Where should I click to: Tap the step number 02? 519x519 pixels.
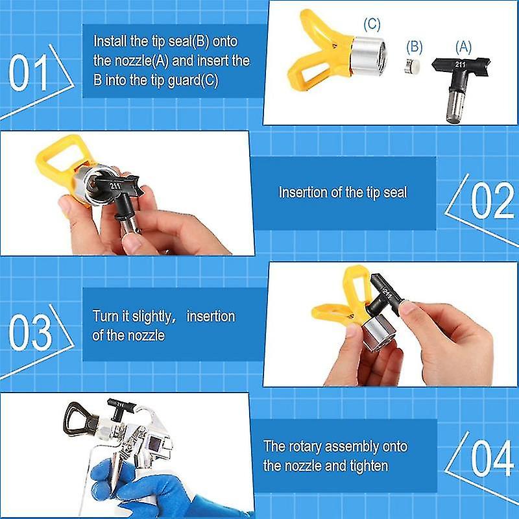492,201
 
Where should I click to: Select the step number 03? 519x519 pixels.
30,332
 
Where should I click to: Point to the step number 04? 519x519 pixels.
492,459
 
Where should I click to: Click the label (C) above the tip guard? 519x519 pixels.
372,25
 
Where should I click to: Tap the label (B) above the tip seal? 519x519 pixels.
414,47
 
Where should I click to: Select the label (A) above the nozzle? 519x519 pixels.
463,46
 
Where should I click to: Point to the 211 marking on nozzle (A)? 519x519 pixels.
461,65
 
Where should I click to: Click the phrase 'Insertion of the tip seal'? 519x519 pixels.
343,193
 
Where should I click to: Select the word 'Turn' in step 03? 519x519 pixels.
104,317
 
